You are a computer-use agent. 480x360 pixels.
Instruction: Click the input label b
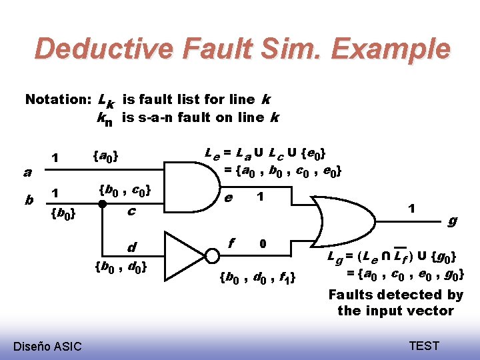(x=29, y=200)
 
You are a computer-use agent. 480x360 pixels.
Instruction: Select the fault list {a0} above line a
(x=107, y=157)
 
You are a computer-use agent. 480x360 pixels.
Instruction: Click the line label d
(x=131, y=248)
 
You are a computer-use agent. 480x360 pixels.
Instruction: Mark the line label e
(x=229, y=197)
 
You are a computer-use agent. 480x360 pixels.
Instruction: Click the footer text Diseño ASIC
(x=47, y=345)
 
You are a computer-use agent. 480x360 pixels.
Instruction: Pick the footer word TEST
(x=424, y=345)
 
